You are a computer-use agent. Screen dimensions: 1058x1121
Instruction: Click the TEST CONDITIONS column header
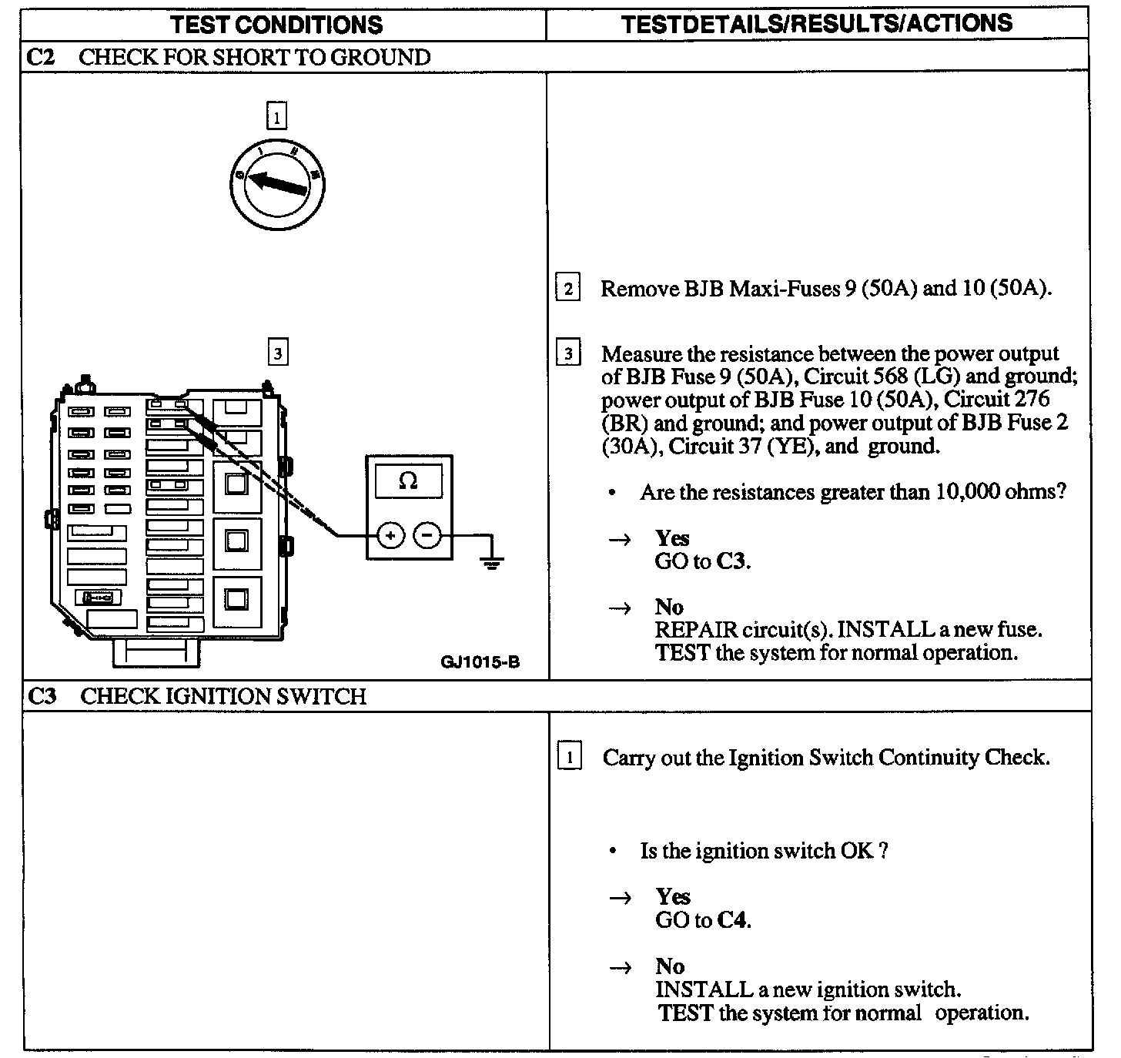276,24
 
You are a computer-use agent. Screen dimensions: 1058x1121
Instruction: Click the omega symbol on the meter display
408,481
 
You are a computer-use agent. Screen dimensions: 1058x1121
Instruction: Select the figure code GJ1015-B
480,661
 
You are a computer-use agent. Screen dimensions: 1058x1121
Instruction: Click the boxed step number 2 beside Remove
567,289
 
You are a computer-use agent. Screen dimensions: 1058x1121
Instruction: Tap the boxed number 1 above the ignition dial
276,117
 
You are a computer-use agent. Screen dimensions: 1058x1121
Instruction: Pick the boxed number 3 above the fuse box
276,353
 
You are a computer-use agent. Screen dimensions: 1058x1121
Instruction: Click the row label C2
41,57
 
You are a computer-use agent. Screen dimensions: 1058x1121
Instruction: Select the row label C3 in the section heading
42,696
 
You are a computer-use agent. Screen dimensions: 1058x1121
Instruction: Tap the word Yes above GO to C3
671,538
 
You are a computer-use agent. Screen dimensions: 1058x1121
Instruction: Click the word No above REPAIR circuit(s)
668,607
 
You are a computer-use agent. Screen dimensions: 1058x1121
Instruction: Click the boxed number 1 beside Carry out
569,758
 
